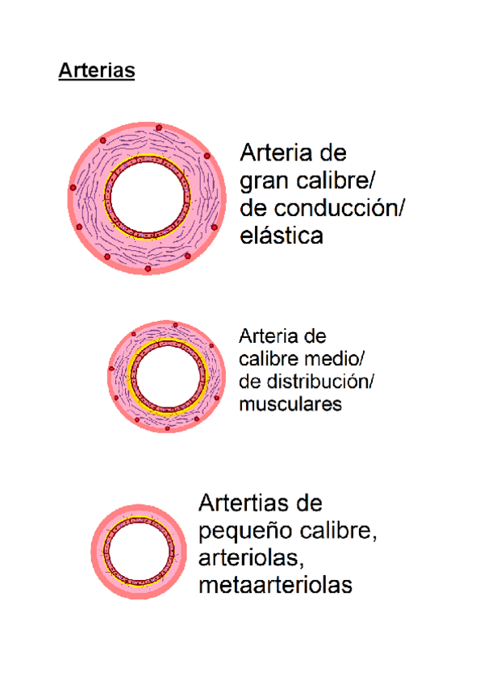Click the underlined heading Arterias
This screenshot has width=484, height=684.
(x=96, y=71)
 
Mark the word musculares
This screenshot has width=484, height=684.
(x=290, y=403)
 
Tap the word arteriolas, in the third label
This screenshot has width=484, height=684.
(x=249, y=559)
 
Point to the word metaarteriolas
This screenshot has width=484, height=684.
(x=275, y=586)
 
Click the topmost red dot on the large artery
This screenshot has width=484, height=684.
(x=159, y=128)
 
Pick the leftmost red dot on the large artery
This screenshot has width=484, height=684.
(x=73, y=187)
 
